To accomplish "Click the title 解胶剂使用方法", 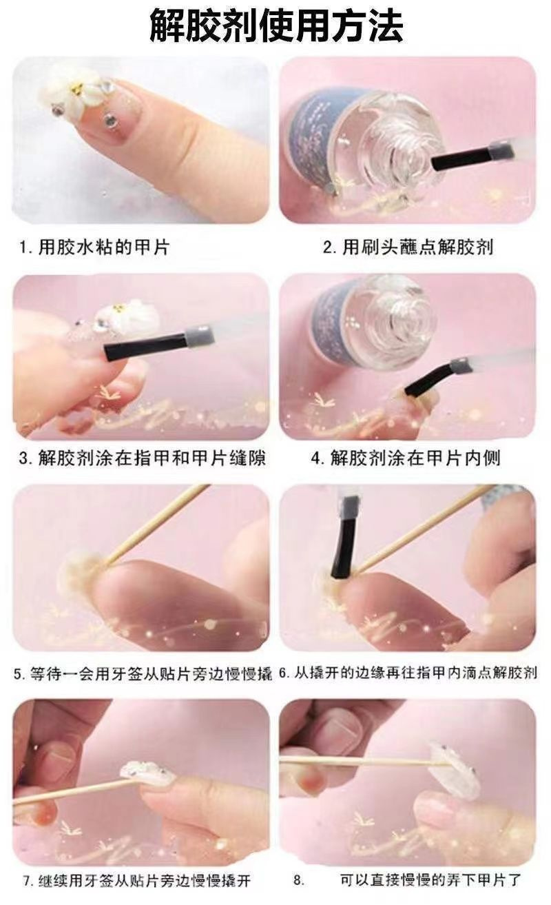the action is (x=276, y=26).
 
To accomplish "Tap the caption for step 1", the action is (x=95, y=247).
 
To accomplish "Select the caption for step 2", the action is (x=408, y=247).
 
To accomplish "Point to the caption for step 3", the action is (x=142, y=458).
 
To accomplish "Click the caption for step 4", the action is (x=406, y=458).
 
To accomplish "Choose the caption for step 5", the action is (x=143, y=673).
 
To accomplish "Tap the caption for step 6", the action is (x=408, y=673).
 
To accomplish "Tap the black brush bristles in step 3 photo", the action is (x=146, y=347).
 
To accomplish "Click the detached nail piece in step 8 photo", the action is (x=454, y=767).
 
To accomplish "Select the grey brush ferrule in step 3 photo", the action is (x=200, y=334).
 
